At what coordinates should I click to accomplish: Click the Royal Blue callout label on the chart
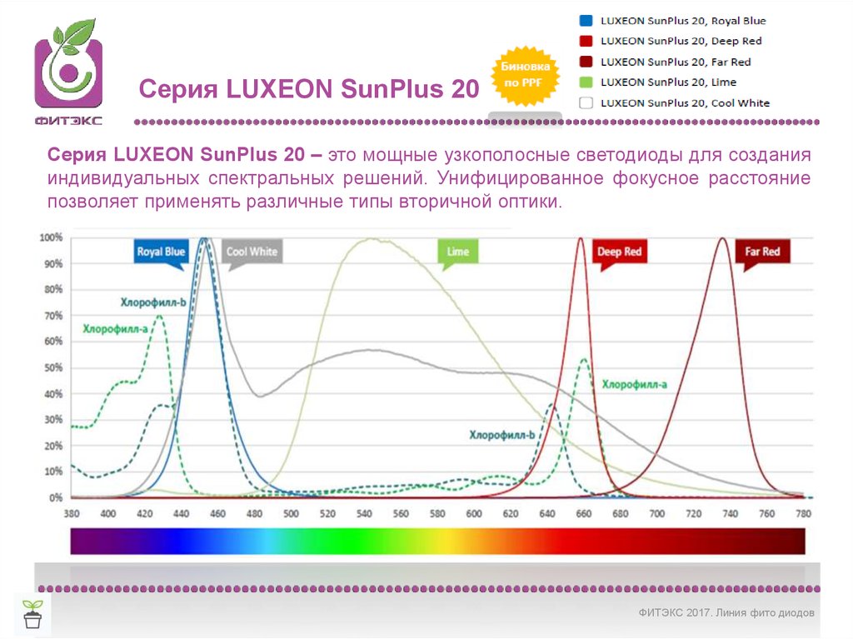point(161,252)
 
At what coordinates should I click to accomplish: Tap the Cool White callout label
point(252,252)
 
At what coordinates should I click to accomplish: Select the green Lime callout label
point(457,252)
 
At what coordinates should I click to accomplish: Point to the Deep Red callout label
point(620,252)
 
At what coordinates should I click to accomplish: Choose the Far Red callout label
point(761,252)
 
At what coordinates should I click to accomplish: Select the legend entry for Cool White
point(684,103)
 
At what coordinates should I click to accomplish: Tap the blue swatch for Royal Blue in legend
point(586,21)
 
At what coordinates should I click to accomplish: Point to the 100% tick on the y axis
point(52,237)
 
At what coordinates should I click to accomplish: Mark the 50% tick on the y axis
point(52,367)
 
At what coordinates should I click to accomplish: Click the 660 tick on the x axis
point(583,514)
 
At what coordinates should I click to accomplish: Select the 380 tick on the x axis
point(72,514)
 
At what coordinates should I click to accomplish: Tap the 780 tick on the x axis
point(803,514)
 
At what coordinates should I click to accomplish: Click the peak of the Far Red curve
point(722,239)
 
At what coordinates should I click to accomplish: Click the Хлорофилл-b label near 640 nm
point(501,435)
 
